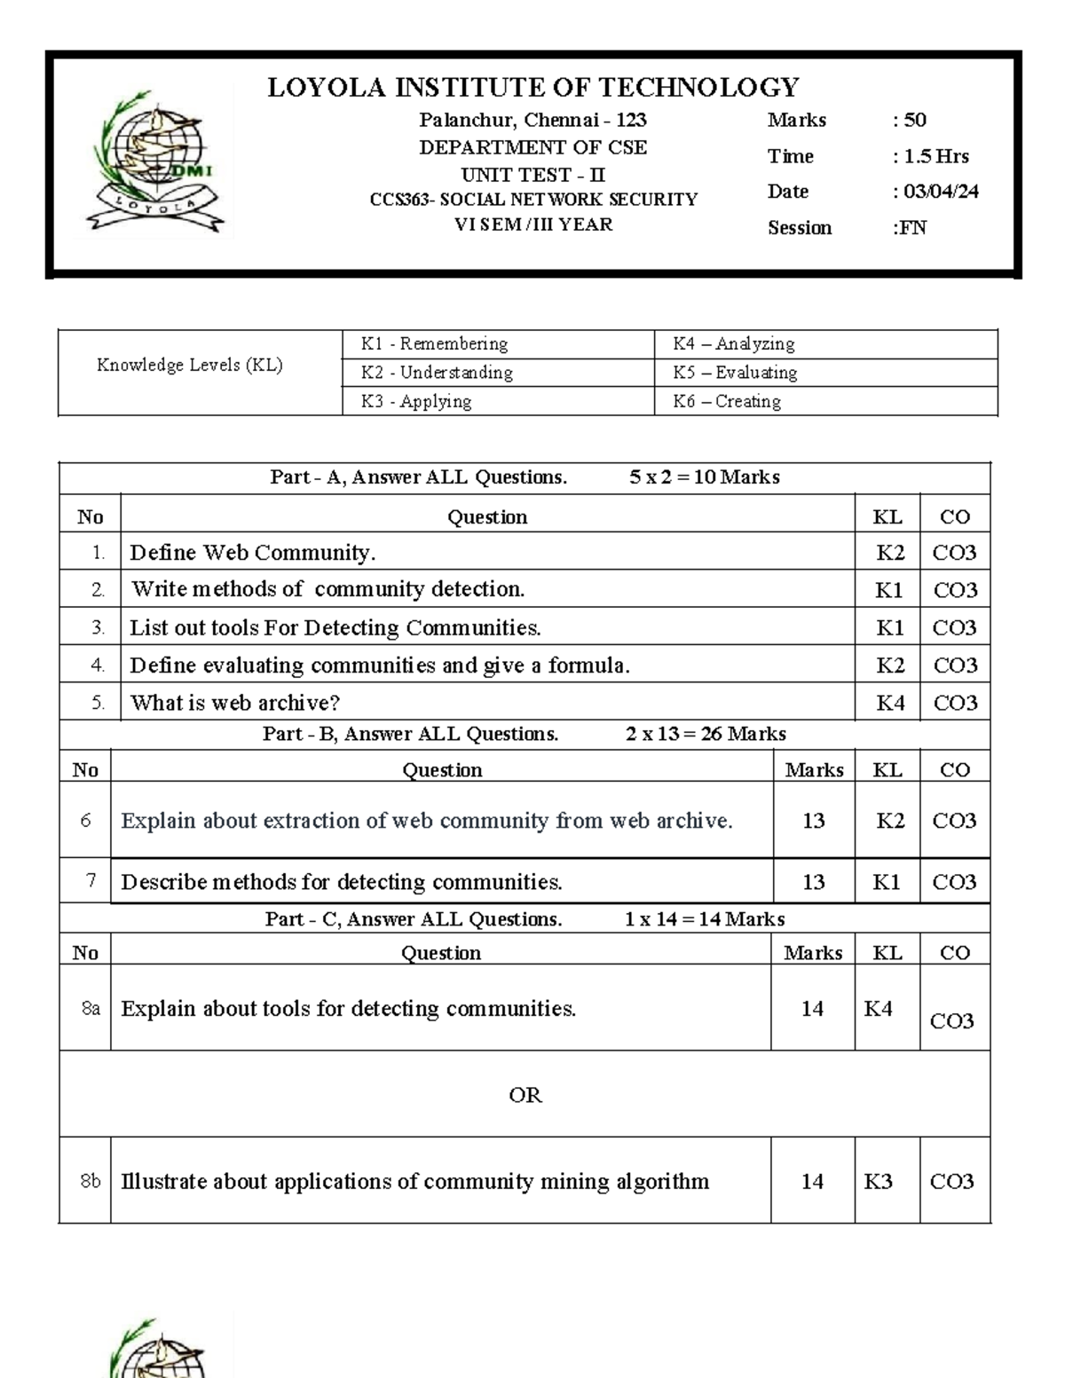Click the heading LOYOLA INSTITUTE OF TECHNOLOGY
(533, 87)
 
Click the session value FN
(911, 228)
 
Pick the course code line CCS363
(533, 200)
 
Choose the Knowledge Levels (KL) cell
(190, 365)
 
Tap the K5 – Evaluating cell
(735, 373)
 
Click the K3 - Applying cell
(416, 401)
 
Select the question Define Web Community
(253, 553)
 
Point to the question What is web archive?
(235, 703)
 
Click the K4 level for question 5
(890, 703)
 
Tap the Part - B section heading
(524, 734)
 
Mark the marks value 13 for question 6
(813, 821)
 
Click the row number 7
(91, 881)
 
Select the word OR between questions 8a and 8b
(525, 1095)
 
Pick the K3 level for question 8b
(878, 1181)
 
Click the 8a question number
(91, 1009)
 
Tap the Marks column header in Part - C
(813, 953)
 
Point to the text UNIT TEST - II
(533, 175)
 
